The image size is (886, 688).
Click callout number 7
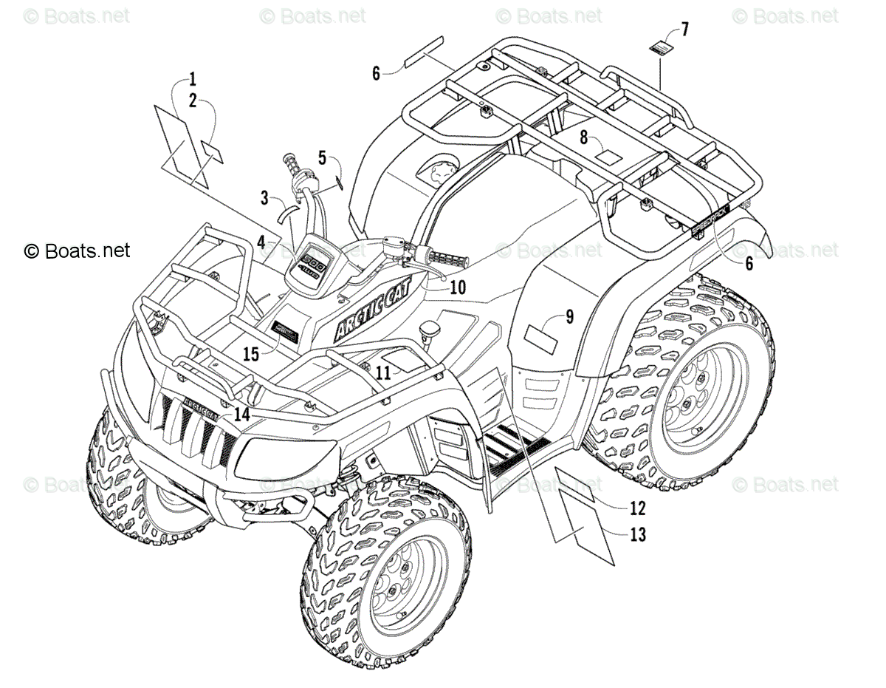coord(684,30)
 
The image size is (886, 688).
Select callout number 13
coord(638,534)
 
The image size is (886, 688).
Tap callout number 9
coord(590,317)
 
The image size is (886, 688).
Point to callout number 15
coord(251,354)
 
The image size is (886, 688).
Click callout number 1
coord(192,78)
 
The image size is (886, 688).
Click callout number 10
coord(458,287)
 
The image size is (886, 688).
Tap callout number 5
coord(322,157)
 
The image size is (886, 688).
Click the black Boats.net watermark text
coord(78,251)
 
